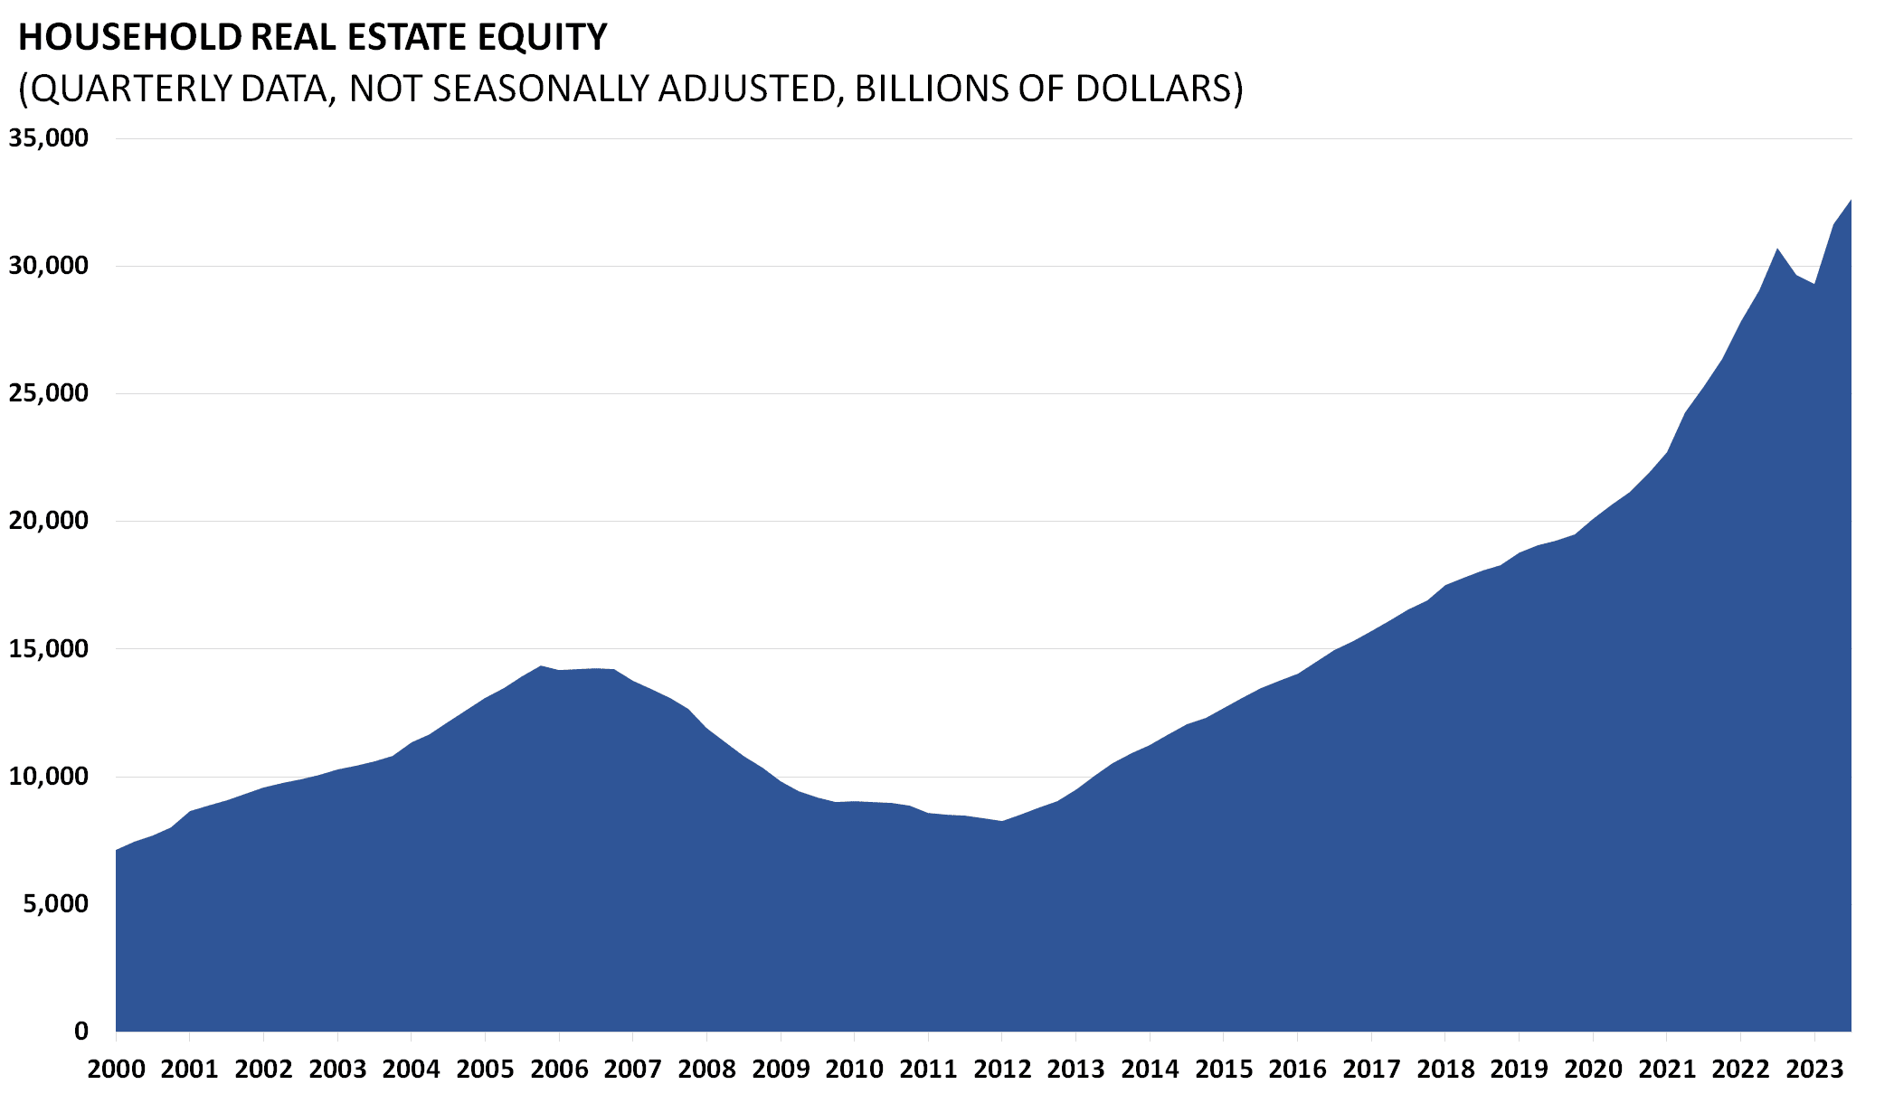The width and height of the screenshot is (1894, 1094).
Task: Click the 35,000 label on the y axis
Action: pos(49,138)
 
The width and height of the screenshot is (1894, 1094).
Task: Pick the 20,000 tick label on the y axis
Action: pos(49,521)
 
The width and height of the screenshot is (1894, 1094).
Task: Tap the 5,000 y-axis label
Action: pos(56,903)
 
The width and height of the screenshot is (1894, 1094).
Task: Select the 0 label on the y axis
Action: pos(81,1031)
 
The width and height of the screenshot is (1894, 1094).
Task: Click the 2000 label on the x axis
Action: pos(116,1070)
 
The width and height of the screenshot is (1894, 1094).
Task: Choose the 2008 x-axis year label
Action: pos(706,1070)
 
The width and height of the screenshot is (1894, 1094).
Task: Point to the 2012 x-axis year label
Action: pos(1002,1070)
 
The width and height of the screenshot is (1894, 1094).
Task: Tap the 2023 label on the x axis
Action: pos(1814,1070)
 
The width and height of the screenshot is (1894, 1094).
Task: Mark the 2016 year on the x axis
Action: pos(1297,1070)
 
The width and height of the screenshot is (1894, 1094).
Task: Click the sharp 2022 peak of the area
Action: pos(1777,249)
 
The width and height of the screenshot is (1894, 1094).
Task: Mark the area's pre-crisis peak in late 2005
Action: pos(540,666)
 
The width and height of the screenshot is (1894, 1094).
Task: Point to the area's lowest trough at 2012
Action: pos(1002,821)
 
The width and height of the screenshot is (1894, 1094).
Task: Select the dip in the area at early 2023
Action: pos(1814,284)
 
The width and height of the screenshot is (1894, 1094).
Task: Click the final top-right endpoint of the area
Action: pos(1851,200)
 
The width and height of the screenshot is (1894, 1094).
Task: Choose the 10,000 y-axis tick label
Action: pos(49,776)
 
